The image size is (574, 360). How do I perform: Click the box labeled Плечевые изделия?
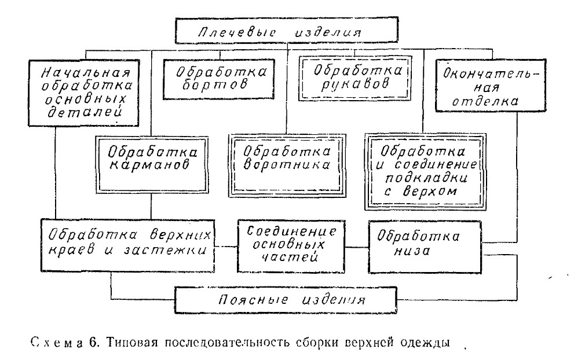287,30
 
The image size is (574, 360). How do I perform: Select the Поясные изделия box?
286,300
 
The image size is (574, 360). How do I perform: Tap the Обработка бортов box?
218,79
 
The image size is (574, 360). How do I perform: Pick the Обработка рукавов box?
355,78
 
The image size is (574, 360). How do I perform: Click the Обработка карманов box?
152,164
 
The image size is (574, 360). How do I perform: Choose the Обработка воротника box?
287,166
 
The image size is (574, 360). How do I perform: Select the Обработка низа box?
425,247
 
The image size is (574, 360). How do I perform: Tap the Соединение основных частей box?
291,246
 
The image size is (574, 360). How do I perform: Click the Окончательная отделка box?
491,85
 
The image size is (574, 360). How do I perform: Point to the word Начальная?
86,72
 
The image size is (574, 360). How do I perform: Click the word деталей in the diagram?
85,112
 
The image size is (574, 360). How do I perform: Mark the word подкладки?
427,178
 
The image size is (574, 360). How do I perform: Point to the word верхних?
181,234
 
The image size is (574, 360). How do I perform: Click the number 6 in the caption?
92,343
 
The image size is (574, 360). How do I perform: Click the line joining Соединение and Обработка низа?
357,247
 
